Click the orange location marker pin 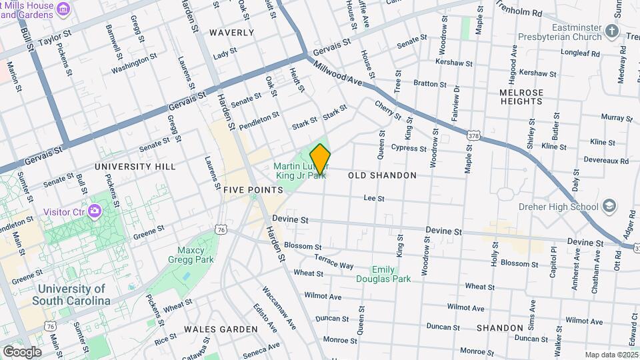pos(321,159)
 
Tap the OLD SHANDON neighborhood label pos(382,175)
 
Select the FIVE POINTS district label pos(253,190)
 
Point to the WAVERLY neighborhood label pos(231,32)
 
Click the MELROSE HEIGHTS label pos(521,97)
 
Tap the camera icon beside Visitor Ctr pos(95,211)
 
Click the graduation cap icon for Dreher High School pos(609,206)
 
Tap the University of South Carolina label pos(73,295)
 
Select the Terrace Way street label pos(333,261)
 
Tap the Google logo pos(22,351)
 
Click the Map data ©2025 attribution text pos(610,355)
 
